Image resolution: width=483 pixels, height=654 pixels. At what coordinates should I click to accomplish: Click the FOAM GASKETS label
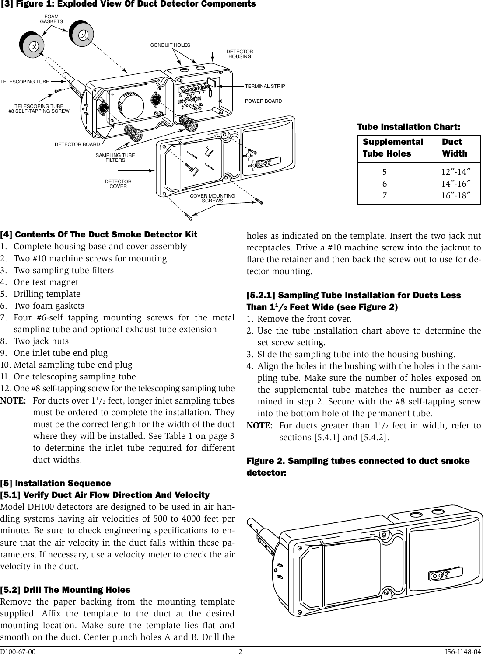pyautogui.click(x=52, y=19)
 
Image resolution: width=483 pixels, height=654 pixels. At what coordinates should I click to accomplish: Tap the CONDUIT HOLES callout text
pyautogui.click(x=170, y=45)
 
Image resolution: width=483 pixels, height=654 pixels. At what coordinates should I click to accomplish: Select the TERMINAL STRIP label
pyautogui.click(x=265, y=86)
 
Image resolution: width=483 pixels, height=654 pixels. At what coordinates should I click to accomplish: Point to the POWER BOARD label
pyautogui.click(x=263, y=101)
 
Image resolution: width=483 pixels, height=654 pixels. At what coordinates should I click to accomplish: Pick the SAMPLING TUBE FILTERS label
pyautogui.click(x=115, y=158)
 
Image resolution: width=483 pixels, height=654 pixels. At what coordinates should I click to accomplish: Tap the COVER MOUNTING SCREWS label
pyautogui.click(x=212, y=198)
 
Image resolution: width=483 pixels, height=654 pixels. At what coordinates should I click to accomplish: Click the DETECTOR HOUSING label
pyautogui.click(x=240, y=54)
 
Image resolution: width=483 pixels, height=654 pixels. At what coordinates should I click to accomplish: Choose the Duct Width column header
pyautogui.click(x=454, y=147)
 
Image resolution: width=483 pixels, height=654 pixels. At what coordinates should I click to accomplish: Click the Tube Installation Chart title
pyautogui.click(x=409, y=127)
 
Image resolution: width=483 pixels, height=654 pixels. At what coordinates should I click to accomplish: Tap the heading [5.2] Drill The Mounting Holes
pyautogui.click(x=65, y=590)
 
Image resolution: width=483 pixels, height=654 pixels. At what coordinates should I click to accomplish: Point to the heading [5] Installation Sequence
pyautogui.click(x=56, y=483)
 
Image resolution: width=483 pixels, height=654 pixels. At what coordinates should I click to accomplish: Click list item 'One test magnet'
pyautogui.click(x=46, y=282)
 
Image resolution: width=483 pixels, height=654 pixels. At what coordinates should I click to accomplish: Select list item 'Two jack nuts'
pyautogui.click(x=41, y=341)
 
